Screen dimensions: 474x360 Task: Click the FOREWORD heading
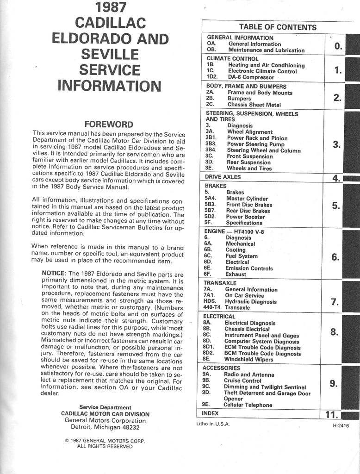point(109,124)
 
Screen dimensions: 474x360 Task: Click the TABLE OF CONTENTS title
point(278,27)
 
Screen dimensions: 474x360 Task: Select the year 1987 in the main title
point(110,7)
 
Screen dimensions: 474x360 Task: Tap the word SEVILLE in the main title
point(110,54)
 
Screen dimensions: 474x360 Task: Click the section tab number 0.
point(338,45)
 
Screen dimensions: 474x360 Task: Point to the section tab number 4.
point(336,179)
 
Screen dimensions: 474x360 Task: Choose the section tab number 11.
point(332,415)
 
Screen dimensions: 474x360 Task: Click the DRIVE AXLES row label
point(223,177)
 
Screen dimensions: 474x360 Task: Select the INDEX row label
point(210,413)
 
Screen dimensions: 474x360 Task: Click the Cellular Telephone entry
point(248,405)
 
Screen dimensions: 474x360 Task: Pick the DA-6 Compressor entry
point(251,77)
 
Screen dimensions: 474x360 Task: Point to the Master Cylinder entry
point(247,199)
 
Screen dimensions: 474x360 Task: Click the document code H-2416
point(341,426)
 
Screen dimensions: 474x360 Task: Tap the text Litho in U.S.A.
point(213,424)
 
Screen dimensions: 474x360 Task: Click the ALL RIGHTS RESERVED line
point(105,446)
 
